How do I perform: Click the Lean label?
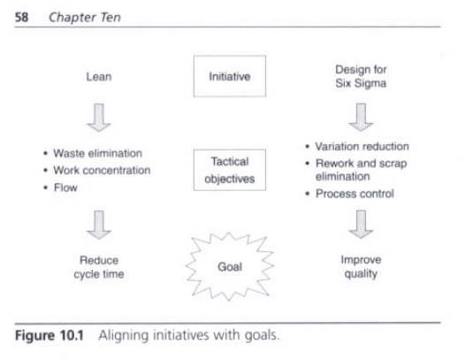coord(99,77)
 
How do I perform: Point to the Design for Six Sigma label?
coord(361,76)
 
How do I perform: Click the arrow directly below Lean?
coord(99,118)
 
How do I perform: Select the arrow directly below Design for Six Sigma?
coord(361,118)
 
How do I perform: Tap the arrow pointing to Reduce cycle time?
coord(99,225)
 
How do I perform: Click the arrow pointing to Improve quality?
coord(361,225)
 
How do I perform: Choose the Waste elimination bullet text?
coord(98,153)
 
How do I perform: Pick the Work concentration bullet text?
coord(102,170)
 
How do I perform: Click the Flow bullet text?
coord(65,188)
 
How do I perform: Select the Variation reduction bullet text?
coord(362,146)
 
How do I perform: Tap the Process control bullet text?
coord(355,194)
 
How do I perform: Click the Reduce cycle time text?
coord(99,267)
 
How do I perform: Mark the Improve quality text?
coord(361,267)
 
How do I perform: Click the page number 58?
coord(22,17)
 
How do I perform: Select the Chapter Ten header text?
coord(85,17)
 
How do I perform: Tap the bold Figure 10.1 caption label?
coord(50,335)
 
